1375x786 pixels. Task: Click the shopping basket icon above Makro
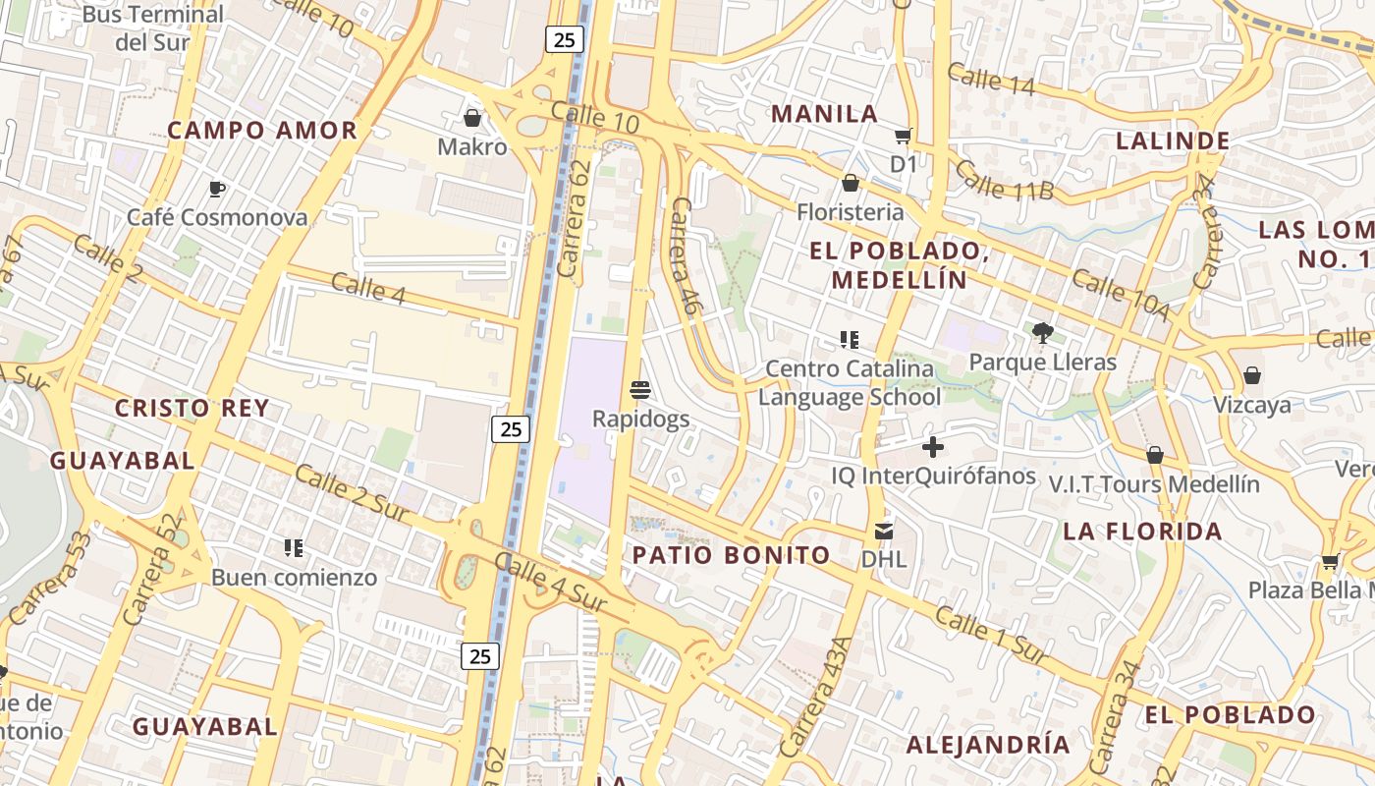471,119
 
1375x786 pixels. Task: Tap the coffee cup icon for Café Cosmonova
217,189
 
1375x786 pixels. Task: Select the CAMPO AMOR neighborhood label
261,131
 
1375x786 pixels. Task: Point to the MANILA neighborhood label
824,114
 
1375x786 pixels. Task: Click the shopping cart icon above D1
903,136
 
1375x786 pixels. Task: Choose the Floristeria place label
850,212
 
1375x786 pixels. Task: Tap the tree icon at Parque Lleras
1042,333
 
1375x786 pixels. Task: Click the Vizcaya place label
1251,405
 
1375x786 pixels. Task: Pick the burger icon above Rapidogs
640,390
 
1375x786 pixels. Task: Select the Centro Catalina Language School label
850,383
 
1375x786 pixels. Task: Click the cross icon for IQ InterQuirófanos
932,448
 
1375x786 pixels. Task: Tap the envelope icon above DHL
883,532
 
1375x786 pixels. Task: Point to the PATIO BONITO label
731,555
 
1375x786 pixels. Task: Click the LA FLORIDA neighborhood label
1142,532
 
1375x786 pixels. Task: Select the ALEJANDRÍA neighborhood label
987,744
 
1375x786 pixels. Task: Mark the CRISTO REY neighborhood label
192,409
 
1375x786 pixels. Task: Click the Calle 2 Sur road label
351,494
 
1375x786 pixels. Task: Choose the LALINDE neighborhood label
1173,140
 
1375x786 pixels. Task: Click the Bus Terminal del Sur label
153,28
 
